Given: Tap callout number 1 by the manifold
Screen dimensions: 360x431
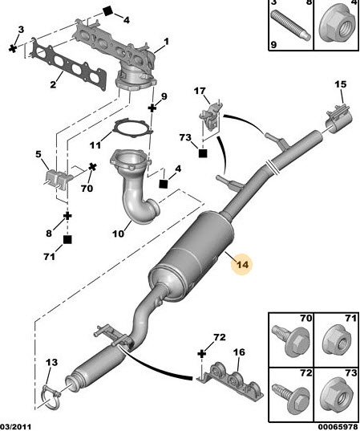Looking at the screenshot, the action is [166, 42].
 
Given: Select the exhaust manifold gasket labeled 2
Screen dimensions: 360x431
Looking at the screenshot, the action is [70, 68].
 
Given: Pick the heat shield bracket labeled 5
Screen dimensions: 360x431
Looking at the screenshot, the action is [59, 180].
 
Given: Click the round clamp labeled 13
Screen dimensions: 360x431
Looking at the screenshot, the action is [51, 399].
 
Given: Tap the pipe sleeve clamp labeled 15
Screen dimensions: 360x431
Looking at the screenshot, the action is [339, 120].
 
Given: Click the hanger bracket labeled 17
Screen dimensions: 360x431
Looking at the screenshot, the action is [211, 118].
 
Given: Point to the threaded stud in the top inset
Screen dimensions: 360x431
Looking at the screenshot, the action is [291, 24].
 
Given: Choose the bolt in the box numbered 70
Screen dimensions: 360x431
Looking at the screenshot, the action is [290, 340].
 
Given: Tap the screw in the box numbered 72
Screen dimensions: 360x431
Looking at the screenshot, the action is [290, 395].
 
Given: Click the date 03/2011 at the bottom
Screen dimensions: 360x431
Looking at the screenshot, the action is [15, 427].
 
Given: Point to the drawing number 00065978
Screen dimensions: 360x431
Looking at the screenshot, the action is [338, 427].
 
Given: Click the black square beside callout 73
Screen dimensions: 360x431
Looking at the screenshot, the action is [203, 153].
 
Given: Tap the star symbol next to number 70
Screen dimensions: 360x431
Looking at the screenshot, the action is [92, 167].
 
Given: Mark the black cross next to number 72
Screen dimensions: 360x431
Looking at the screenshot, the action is [201, 354].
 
